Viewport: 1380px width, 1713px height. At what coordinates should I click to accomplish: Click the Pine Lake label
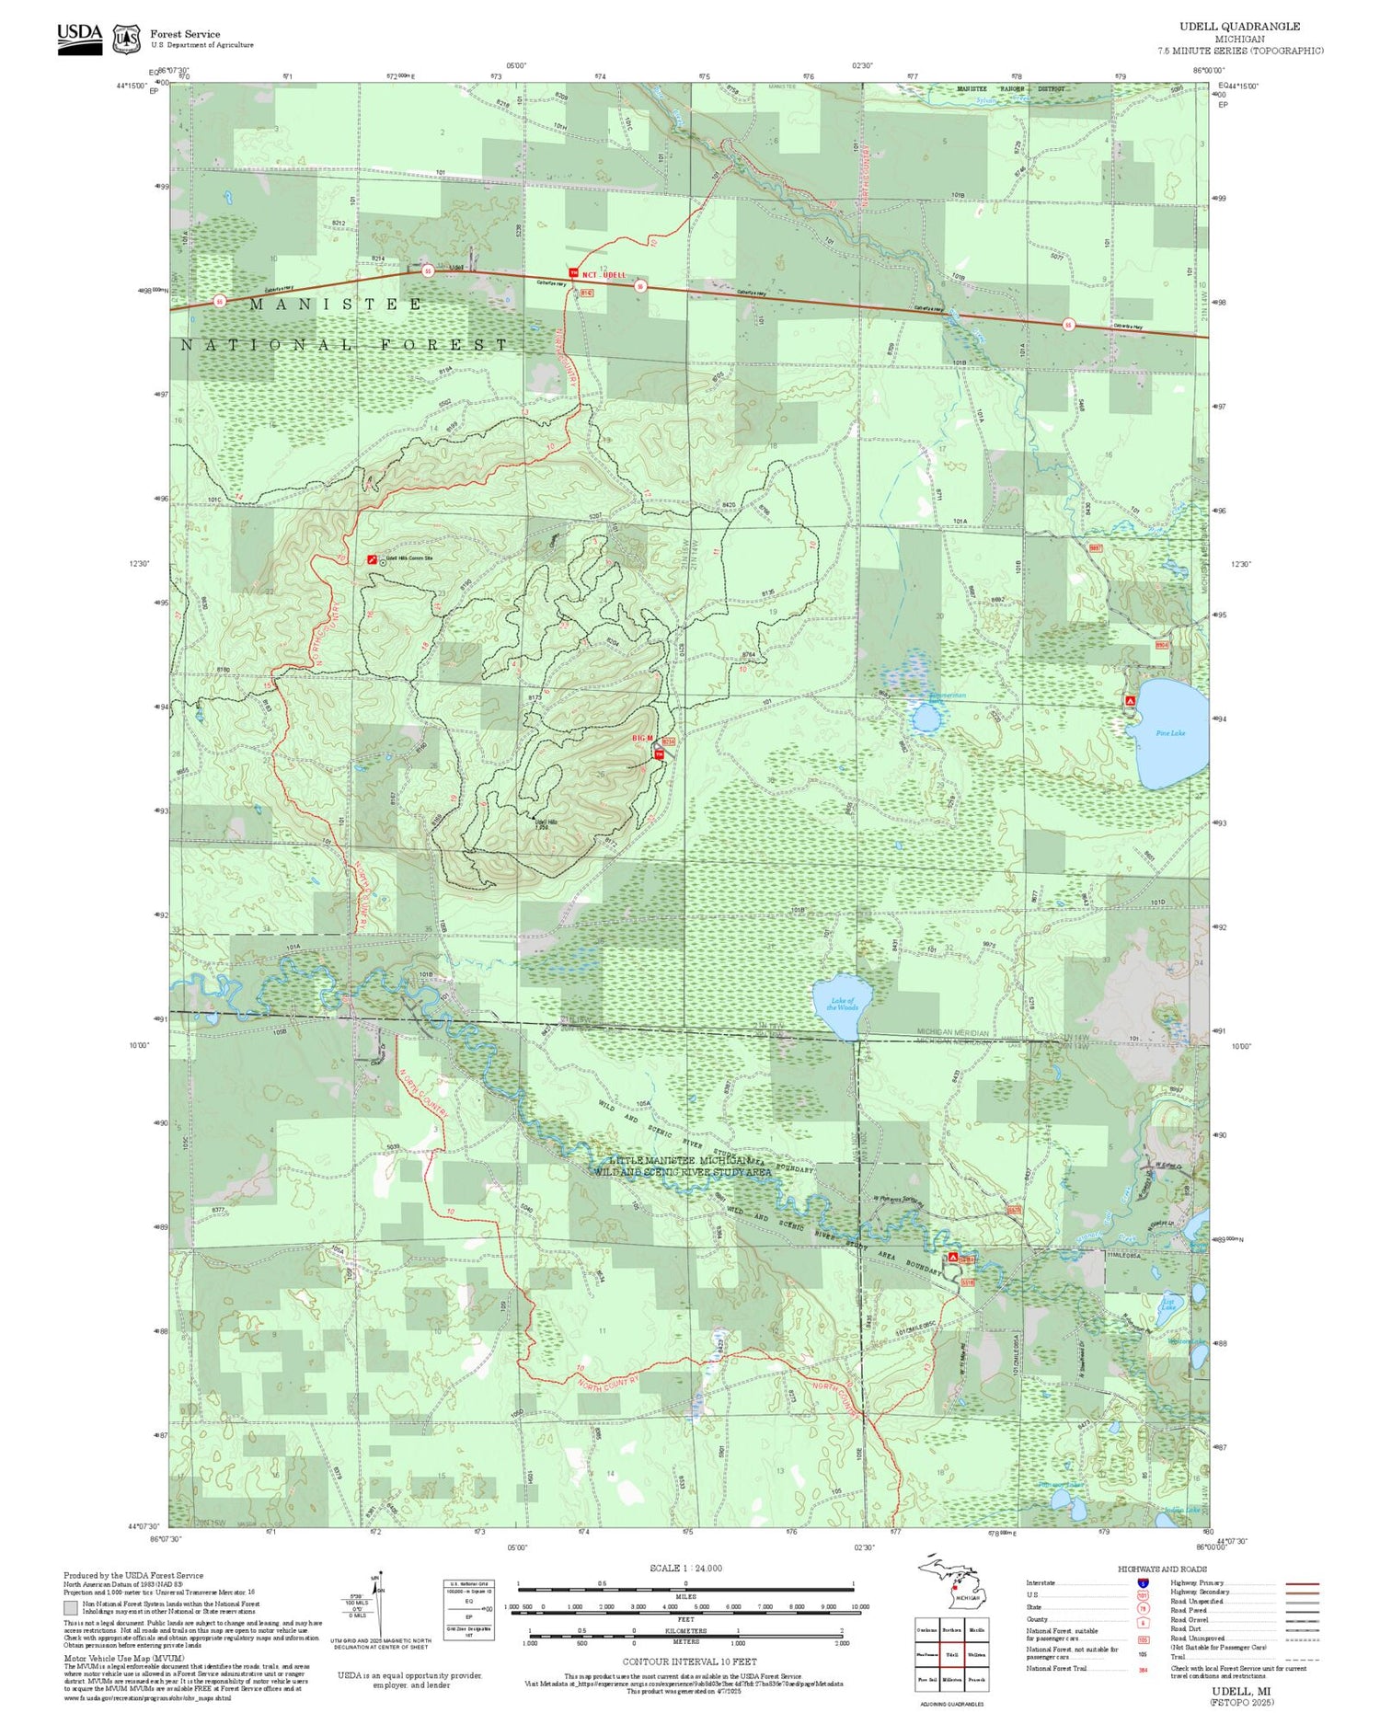pos(1170,733)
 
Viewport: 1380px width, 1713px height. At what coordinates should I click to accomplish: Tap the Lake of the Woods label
pos(842,1004)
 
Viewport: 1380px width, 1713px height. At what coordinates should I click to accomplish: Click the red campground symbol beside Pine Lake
pos(1130,701)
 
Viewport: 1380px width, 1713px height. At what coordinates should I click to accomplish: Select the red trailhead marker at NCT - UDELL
pos(574,273)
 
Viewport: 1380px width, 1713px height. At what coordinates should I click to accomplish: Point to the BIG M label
pos(642,739)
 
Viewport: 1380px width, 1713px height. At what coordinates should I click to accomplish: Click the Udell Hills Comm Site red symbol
pos(371,558)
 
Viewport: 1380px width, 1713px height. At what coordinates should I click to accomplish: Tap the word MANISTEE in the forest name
pos(336,304)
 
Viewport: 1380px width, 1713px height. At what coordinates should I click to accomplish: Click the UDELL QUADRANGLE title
pos(1239,27)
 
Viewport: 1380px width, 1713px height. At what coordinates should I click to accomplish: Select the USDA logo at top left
pos(80,39)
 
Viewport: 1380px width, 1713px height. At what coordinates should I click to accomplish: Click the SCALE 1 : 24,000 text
pos(685,1568)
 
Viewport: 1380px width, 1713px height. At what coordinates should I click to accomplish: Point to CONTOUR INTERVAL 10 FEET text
pos(689,1661)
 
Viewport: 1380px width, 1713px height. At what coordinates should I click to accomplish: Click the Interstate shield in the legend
pos(1142,1582)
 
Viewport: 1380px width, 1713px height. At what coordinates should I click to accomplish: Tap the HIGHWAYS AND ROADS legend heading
pos(1162,1569)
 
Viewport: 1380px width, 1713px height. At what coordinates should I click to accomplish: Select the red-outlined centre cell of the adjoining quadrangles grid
pos(952,1654)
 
